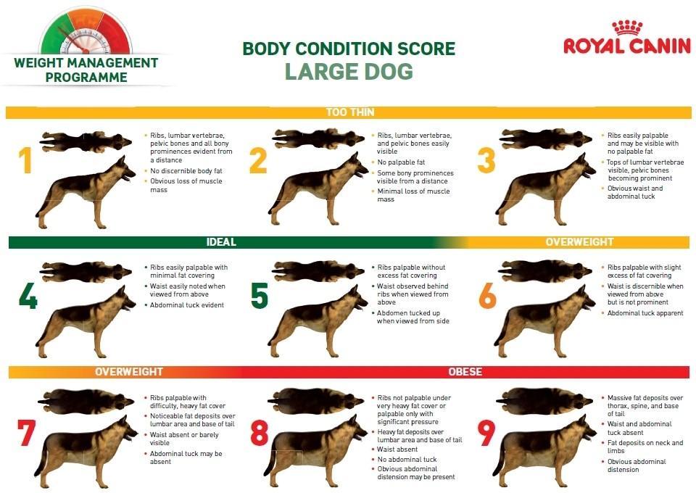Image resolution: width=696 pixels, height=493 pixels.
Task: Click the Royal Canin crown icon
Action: point(627,28)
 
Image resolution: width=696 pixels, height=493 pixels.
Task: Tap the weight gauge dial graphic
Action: point(86,31)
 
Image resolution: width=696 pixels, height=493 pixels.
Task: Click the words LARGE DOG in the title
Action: point(349,72)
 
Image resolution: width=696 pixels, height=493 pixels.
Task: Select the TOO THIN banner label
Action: point(350,112)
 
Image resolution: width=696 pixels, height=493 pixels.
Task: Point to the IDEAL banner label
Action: point(221,242)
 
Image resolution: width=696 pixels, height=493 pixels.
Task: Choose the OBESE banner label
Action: point(465,371)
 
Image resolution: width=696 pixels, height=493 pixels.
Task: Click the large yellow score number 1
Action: point(26,161)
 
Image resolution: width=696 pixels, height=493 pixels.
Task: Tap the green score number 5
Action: point(260,296)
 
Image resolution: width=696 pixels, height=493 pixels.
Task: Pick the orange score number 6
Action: point(487,296)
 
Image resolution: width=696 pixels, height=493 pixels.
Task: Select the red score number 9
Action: point(486,433)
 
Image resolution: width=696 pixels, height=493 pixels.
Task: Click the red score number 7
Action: point(26,433)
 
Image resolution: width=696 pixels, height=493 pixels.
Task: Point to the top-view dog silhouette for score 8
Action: point(315,401)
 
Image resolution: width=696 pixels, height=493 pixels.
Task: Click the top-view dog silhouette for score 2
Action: point(318,138)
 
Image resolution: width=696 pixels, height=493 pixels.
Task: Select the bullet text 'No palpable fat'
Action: point(401,162)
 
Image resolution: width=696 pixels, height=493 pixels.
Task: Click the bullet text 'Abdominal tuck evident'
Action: point(187,304)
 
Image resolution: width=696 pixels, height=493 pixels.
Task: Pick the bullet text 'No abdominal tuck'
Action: point(407,459)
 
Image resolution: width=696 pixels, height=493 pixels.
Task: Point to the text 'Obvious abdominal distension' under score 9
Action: point(637,465)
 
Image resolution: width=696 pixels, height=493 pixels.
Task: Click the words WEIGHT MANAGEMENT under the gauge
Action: point(86,62)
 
